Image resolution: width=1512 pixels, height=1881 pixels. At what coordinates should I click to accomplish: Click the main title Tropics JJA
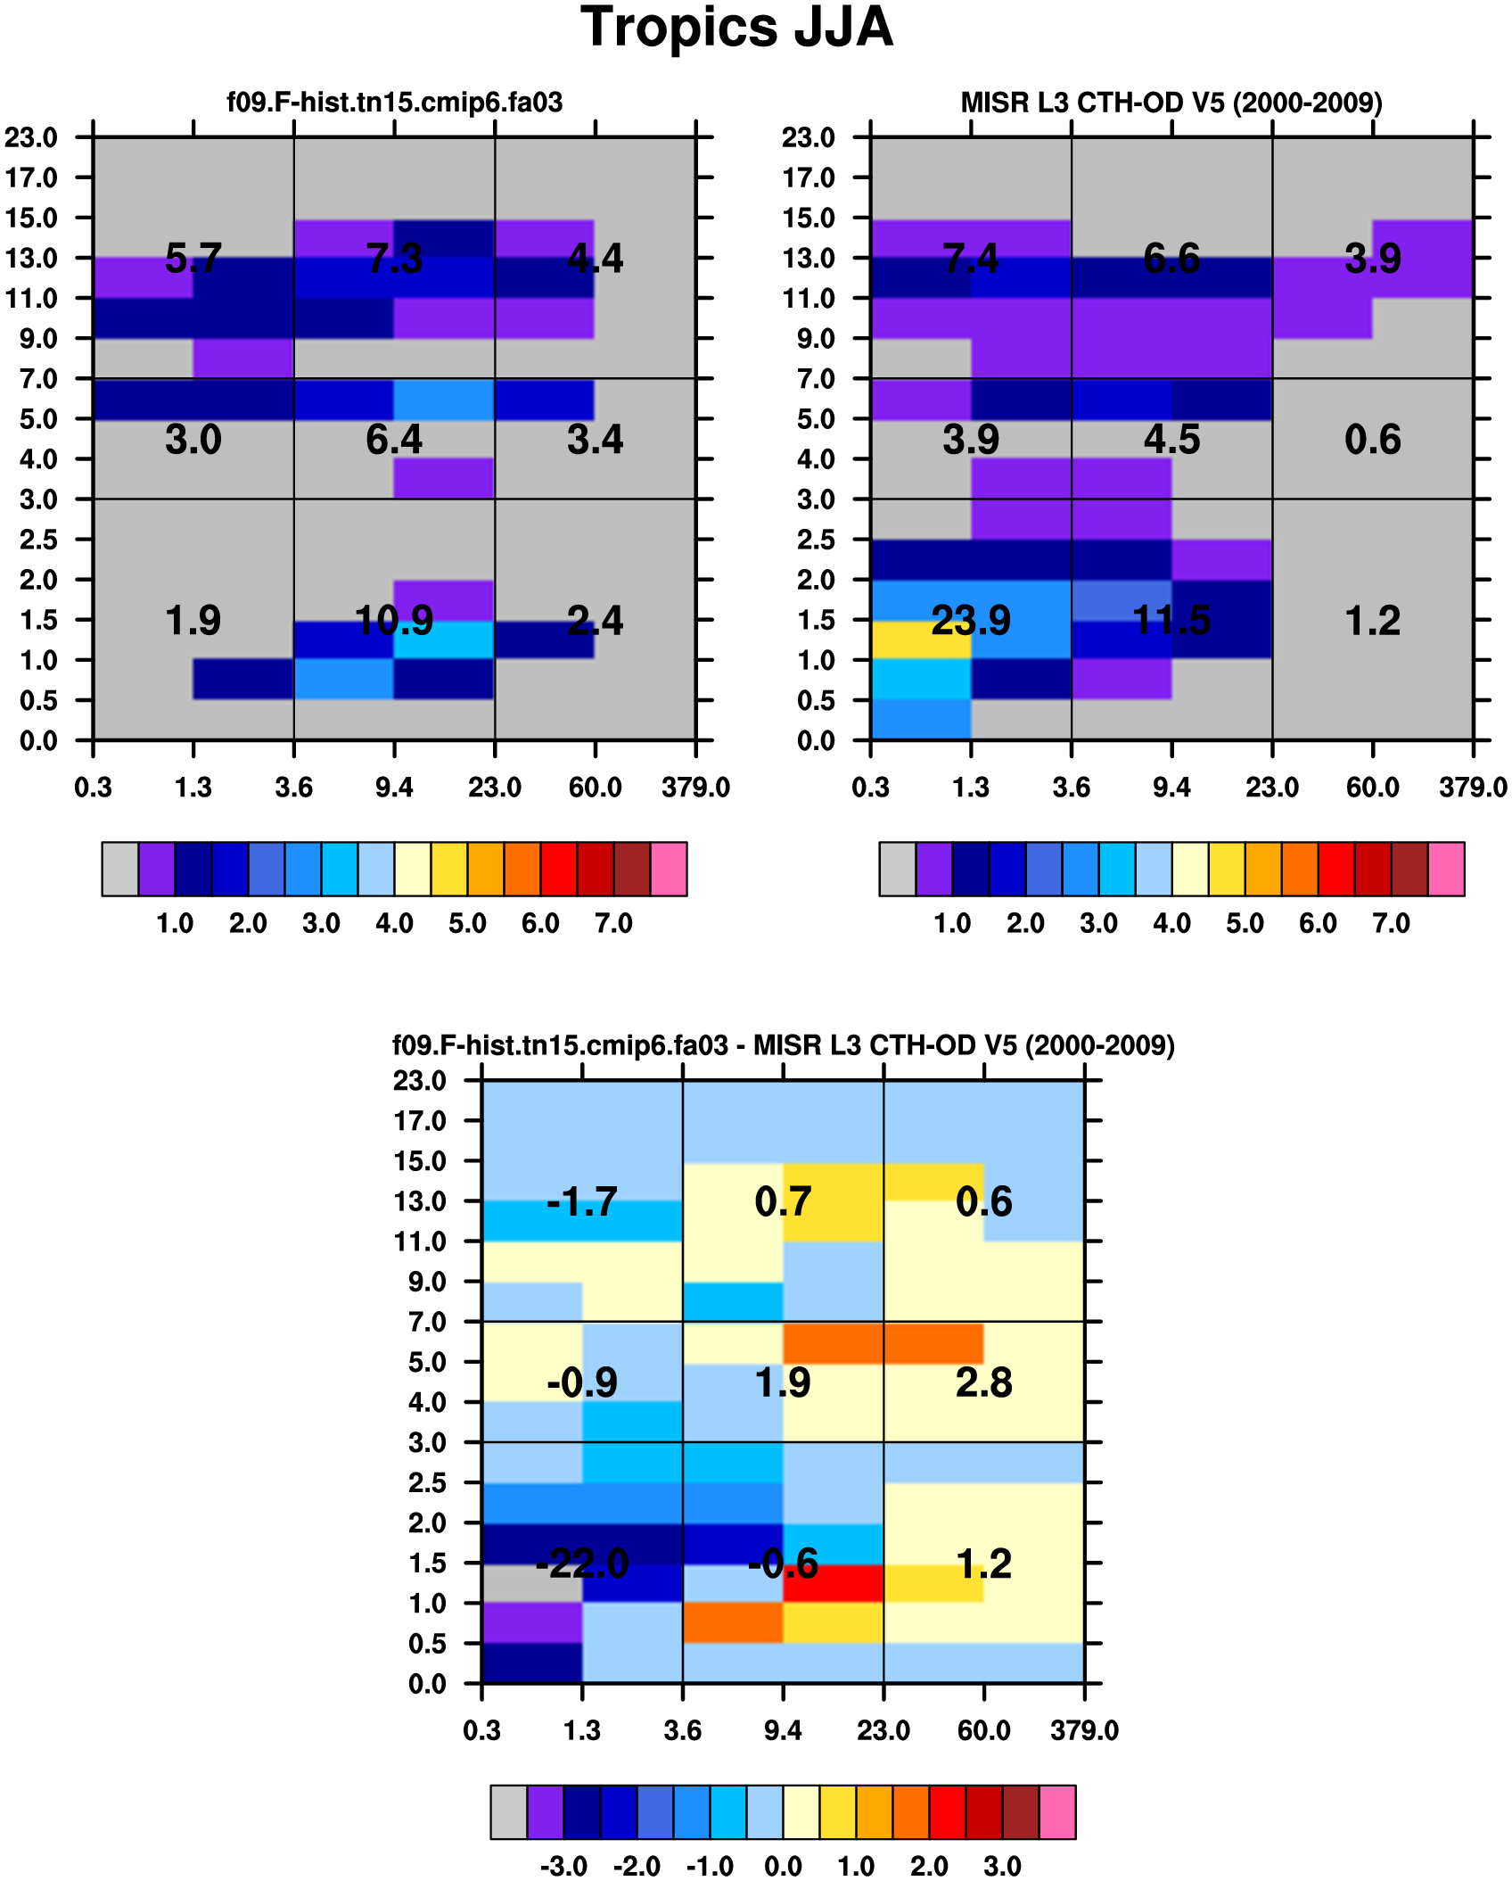click(x=736, y=28)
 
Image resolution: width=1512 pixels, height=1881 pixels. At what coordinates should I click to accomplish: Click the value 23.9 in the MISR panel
click(x=970, y=621)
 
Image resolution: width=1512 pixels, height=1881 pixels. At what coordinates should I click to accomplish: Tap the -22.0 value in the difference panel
click(x=581, y=1563)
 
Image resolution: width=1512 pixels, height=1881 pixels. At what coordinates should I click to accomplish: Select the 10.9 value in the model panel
click(x=394, y=621)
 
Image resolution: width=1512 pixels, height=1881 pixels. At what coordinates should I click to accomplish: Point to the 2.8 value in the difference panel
click(x=983, y=1382)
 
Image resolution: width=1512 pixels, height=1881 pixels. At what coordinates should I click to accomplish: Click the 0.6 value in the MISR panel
click(x=1372, y=440)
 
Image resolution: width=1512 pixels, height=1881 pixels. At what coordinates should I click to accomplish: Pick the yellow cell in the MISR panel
click(x=920, y=639)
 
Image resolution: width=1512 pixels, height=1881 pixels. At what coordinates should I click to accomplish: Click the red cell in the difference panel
click(x=833, y=1583)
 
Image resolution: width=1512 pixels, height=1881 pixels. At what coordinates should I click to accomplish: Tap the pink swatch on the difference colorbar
click(x=1057, y=1811)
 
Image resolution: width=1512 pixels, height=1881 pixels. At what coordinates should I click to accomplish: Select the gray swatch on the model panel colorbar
click(x=119, y=869)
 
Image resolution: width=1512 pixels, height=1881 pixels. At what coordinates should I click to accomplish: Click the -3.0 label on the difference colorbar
click(x=563, y=1866)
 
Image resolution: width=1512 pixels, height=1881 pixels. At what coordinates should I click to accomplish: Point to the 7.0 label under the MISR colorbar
click(x=1391, y=923)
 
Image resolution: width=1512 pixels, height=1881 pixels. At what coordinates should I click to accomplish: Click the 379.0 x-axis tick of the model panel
click(x=695, y=788)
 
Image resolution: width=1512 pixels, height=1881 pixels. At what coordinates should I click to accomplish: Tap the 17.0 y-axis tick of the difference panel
click(x=420, y=1121)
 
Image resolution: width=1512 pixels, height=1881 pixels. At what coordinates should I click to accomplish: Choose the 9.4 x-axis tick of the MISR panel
click(x=1171, y=788)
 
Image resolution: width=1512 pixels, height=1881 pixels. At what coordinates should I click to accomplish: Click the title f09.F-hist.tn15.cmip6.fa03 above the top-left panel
click(x=394, y=103)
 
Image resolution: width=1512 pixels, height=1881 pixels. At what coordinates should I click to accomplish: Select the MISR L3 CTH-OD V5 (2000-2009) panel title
click(x=1171, y=103)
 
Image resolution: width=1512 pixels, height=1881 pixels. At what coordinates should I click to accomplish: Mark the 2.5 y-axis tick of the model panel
click(x=38, y=540)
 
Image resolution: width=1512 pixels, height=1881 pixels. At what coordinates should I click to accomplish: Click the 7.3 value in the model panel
click(x=394, y=259)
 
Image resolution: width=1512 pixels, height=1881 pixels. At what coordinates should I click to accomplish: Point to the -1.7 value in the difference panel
click(x=581, y=1201)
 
